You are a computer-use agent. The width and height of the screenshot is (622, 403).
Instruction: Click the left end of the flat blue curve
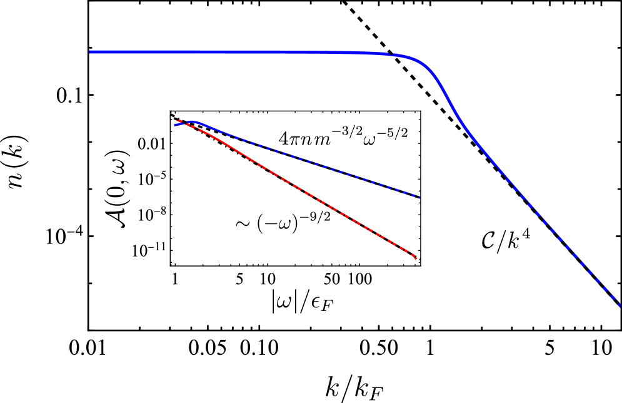click(91, 52)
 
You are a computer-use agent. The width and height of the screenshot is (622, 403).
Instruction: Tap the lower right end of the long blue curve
click(619, 305)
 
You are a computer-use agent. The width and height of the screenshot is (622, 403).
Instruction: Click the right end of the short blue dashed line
click(419, 197)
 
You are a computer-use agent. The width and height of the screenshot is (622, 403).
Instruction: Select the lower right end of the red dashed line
click(416, 258)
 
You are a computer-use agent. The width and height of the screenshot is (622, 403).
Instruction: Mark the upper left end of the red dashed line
click(176, 120)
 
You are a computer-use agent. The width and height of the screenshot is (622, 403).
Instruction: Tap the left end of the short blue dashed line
click(175, 125)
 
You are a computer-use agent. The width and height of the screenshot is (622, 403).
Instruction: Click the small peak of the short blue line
click(193, 121)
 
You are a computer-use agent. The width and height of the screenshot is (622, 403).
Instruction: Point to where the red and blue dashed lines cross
click(185, 123)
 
